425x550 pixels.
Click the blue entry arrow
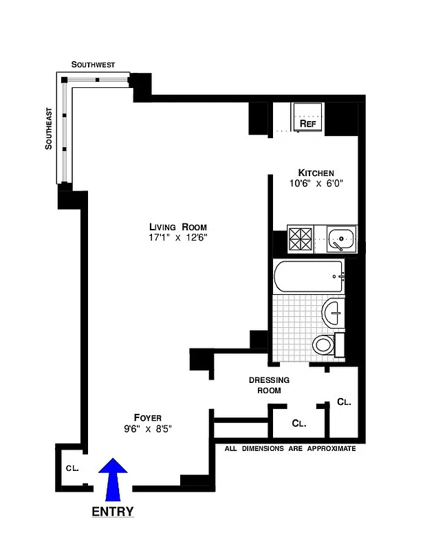(x=113, y=480)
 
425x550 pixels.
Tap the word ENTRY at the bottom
(x=113, y=512)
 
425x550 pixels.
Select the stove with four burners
(x=301, y=239)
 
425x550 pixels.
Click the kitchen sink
(x=340, y=240)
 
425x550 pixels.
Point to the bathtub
(x=308, y=277)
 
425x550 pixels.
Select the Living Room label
(x=178, y=227)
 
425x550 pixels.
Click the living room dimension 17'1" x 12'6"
(x=178, y=238)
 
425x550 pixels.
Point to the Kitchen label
(x=316, y=173)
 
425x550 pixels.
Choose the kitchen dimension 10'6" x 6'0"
(x=316, y=184)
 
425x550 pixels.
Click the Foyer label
(x=147, y=417)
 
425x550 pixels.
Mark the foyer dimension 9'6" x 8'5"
(x=147, y=428)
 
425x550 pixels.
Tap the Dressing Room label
(x=269, y=385)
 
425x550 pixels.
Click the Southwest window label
(x=93, y=64)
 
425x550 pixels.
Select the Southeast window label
(x=48, y=129)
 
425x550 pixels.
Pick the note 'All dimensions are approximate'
(x=291, y=449)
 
